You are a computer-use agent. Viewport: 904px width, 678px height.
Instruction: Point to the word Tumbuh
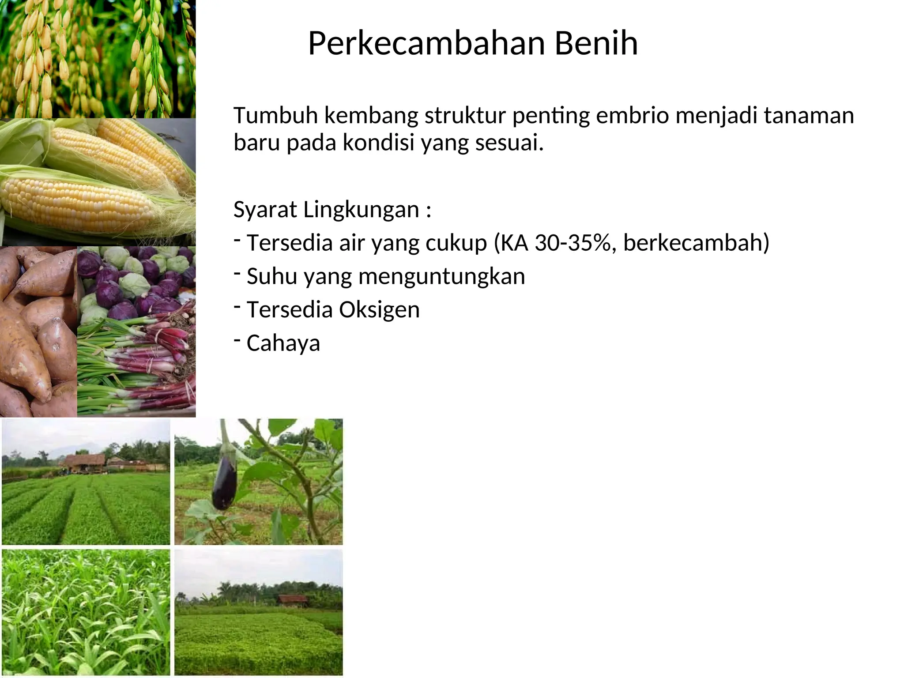coord(275,116)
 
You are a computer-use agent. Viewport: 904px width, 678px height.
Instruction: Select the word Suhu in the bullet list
coord(271,276)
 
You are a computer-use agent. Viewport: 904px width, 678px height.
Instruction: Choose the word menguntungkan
coord(442,276)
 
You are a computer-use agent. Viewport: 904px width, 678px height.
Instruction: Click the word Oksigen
coord(379,309)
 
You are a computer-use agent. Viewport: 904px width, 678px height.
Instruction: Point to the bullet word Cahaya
coord(283,343)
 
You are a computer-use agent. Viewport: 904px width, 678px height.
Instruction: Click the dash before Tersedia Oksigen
coord(237,306)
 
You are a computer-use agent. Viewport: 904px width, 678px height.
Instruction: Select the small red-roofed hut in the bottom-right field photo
coord(292,599)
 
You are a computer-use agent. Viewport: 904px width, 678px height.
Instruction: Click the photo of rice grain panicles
coord(98,59)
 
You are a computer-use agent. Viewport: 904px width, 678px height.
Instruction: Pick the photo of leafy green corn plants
coord(86,612)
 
